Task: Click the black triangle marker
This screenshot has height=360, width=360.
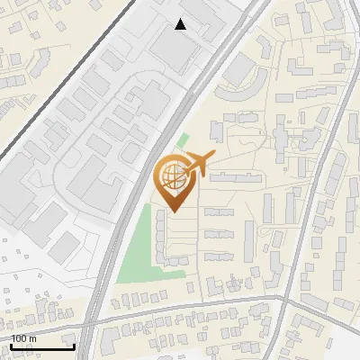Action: (181, 25)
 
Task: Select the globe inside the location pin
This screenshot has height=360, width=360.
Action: (171, 177)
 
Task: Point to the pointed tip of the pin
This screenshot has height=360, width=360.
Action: (172, 211)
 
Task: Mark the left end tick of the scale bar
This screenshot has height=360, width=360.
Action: (11, 346)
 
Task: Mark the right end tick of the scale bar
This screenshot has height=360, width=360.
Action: (75, 346)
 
